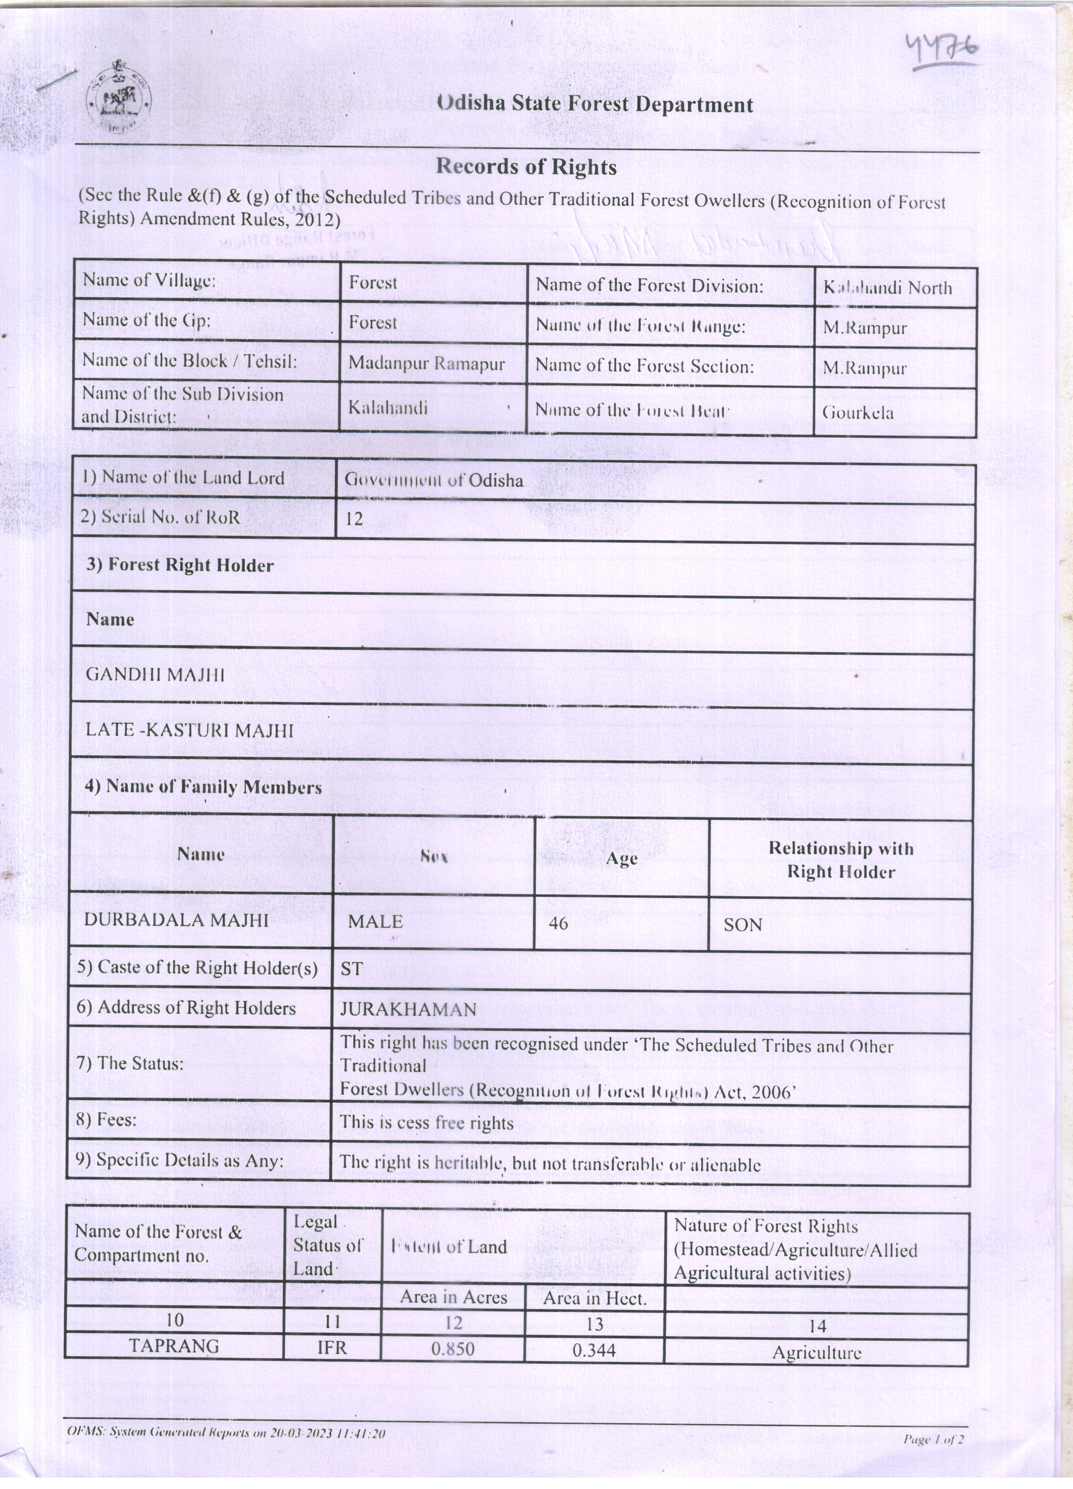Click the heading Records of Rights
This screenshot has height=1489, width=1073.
(526, 167)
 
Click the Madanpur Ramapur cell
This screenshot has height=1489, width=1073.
(427, 364)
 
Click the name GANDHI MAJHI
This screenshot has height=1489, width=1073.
(155, 675)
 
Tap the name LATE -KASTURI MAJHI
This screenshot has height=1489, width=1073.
(190, 731)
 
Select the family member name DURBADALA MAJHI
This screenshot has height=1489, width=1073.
(176, 920)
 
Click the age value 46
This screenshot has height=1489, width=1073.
(559, 924)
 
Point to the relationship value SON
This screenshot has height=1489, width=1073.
(742, 925)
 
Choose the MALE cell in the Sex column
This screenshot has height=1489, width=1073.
(375, 922)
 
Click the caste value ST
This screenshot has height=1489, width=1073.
(352, 969)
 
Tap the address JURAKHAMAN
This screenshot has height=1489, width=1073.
(408, 1010)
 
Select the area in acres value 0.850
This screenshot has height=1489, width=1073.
(453, 1348)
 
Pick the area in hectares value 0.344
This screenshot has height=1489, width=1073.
(594, 1349)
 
